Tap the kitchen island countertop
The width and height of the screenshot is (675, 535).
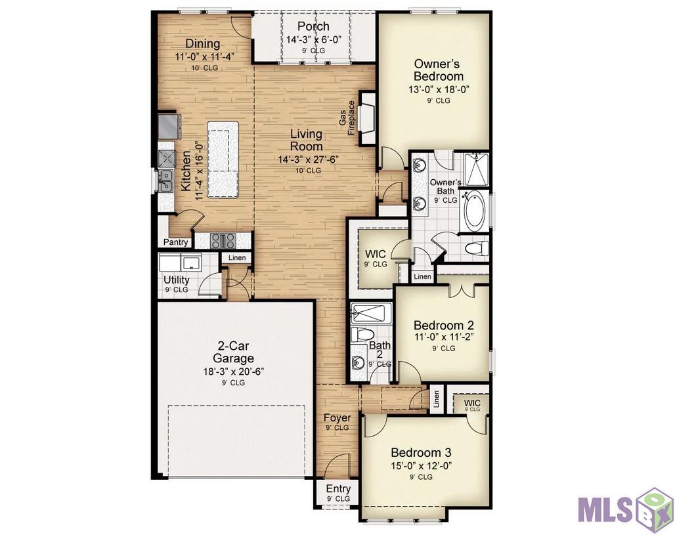223,160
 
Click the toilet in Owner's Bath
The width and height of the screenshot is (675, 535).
477,248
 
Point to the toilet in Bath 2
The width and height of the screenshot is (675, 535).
361,334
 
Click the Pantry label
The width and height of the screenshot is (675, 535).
175,242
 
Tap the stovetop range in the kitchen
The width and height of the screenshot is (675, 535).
223,241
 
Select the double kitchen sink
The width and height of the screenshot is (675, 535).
165,181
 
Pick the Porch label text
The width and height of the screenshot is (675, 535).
313,26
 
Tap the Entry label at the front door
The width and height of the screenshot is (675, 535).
338,489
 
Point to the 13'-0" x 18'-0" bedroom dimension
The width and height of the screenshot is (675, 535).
438,90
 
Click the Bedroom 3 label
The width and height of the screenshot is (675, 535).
421,452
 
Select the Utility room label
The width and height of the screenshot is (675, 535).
176,280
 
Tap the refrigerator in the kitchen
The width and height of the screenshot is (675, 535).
169,126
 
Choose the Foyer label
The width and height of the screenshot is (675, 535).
337,417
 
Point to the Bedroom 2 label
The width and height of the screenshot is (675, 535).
443,325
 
